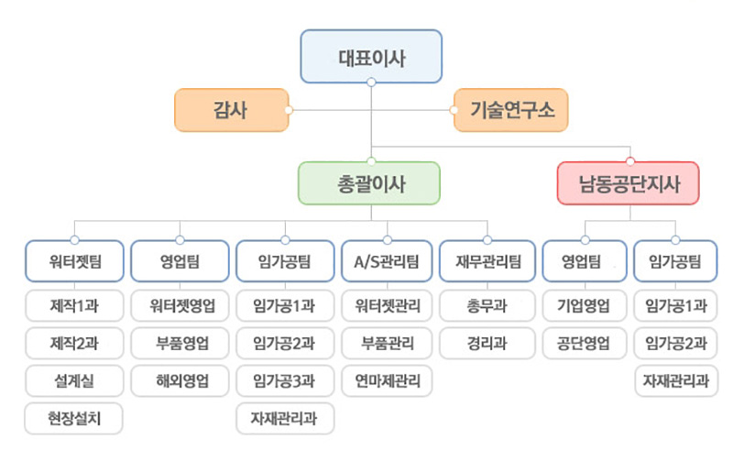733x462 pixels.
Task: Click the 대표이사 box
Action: click(x=371, y=55)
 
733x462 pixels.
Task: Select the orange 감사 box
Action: click(x=231, y=110)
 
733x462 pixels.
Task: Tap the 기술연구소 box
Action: click(x=511, y=110)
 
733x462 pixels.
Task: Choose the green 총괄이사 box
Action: click(x=371, y=183)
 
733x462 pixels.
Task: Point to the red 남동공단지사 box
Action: click(x=629, y=183)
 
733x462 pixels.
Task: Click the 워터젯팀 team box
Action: click(x=75, y=262)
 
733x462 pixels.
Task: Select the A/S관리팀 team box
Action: click(x=388, y=262)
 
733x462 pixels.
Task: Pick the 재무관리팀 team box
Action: click(x=487, y=262)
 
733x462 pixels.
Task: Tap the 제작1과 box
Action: click(x=75, y=305)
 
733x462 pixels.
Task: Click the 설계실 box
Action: click(x=75, y=379)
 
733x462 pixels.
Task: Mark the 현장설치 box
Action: click(x=75, y=418)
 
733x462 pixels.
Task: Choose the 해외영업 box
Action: click(x=181, y=379)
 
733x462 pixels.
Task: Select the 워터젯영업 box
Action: click(x=181, y=305)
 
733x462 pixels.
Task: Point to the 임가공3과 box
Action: click(x=284, y=379)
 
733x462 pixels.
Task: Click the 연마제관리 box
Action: click(x=388, y=379)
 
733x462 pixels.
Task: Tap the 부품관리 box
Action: click(x=388, y=344)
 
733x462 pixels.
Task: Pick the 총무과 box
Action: click(x=487, y=305)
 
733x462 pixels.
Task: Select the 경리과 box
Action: click(x=487, y=344)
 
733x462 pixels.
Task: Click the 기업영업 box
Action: click(x=585, y=305)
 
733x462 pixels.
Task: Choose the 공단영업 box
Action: click(x=585, y=344)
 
